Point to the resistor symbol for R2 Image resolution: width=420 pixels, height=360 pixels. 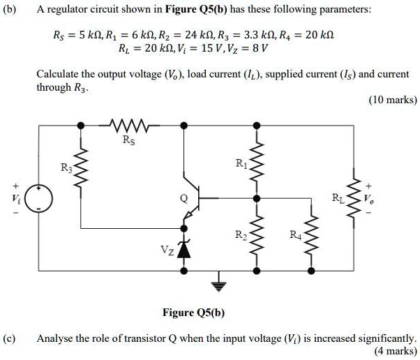(x=256, y=234)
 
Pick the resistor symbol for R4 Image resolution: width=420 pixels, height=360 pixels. (x=311, y=235)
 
